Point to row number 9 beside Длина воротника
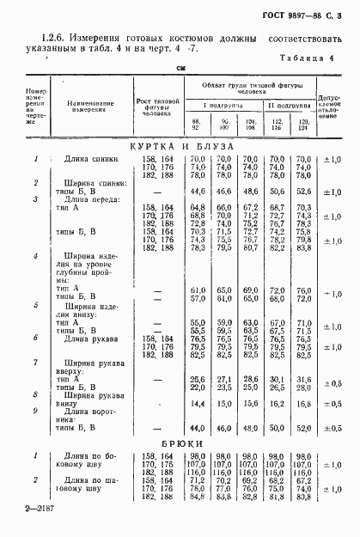[x=35, y=412]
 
